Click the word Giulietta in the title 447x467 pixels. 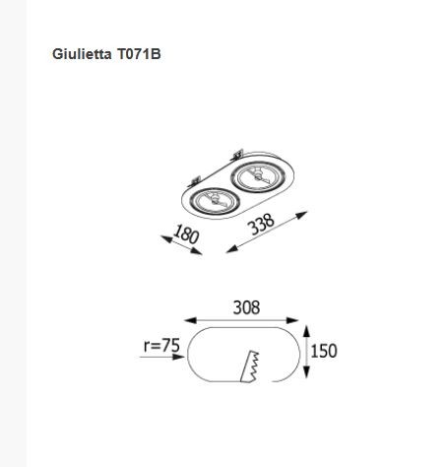tap(82, 54)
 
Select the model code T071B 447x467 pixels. tap(139, 54)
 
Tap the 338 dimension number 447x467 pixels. tap(261, 224)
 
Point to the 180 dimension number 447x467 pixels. tap(186, 234)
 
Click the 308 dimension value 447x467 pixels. tap(246, 307)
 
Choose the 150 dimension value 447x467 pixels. tap(324, 351)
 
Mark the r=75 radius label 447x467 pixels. tap(161, 346)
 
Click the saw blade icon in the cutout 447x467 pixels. tap(250, 367)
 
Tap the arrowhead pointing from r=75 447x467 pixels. tap(178, 357)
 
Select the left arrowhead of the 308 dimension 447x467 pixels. tap(190, 320)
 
